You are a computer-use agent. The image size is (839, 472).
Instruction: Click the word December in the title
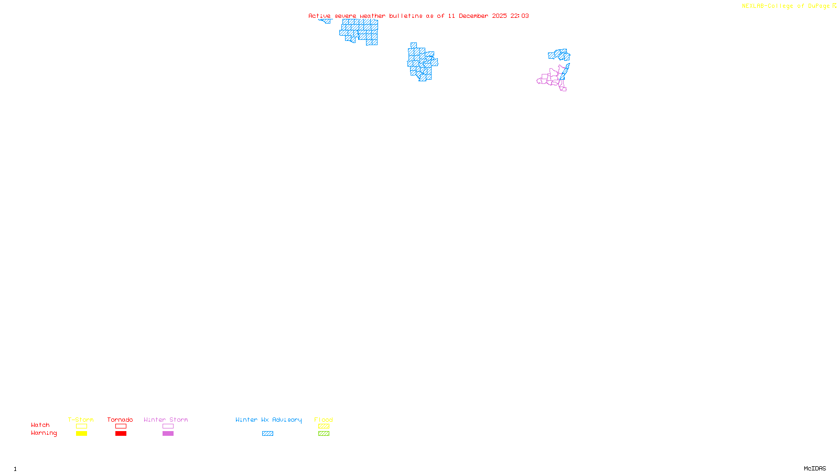[474, 16]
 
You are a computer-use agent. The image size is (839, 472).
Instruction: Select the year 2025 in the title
[499, 16]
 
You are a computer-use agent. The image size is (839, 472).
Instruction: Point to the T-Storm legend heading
[81, 420]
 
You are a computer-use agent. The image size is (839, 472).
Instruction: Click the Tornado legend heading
[120, 420]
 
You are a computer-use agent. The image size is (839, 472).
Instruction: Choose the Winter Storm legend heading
[166, 420]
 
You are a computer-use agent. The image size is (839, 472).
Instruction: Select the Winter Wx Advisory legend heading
[268, 420]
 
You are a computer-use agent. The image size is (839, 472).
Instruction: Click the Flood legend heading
[324, 420]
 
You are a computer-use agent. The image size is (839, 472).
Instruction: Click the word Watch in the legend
[40, 425]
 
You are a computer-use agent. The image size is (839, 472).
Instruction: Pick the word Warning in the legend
[44, 433]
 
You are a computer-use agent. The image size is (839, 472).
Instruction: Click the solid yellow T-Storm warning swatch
[81, 434]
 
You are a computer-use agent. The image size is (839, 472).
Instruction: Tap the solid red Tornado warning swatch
[121, 434]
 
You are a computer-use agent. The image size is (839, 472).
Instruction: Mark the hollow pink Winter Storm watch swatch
[168, 426]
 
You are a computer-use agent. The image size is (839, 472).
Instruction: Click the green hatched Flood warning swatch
[324, 434]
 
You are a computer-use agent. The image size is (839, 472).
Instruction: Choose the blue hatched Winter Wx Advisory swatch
[267, 434]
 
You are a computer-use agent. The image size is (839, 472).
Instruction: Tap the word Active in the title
[319, 16]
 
